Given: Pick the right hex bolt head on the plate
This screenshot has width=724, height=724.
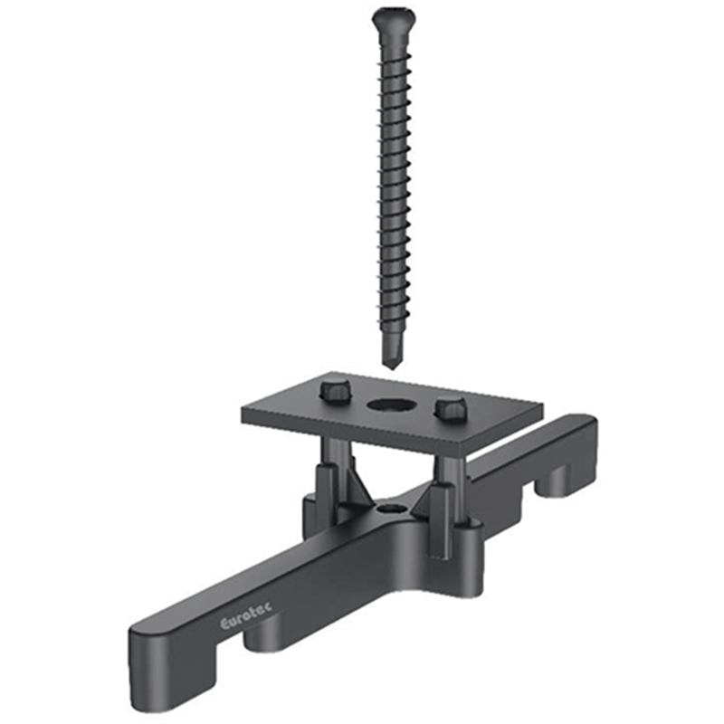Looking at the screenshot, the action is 451,408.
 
